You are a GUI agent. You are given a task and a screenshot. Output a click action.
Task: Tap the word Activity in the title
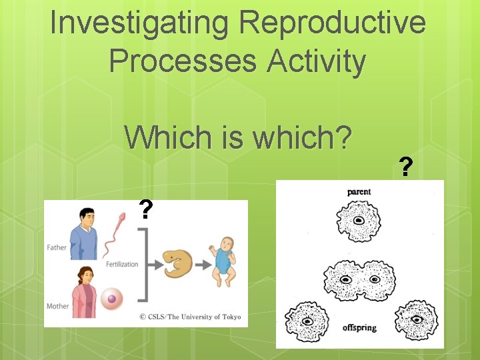317,61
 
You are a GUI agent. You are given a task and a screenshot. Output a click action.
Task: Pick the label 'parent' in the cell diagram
359,192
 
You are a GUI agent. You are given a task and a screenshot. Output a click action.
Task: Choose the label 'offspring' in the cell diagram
360,327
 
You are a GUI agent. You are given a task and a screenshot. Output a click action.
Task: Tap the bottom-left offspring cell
307,321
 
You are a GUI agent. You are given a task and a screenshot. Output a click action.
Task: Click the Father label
57,247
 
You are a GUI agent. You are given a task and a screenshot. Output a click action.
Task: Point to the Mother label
57,306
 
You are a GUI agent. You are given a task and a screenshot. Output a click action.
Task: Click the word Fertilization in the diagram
122,264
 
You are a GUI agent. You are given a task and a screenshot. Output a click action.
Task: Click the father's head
87,217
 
